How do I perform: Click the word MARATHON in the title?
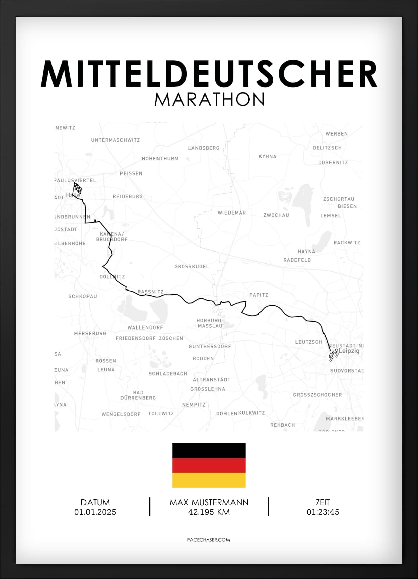[x=209, y=99]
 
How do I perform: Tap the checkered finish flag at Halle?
[x=77, y=188]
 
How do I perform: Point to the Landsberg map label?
[x=204, y=148]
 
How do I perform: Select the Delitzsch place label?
[x=327, y=148]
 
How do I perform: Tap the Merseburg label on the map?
[x=90, y=333]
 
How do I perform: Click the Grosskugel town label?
[x=191, y=266]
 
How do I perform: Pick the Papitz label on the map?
[x=258, y=295]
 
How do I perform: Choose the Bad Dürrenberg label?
[x=138, y=395]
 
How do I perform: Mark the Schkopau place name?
[x=82, y=296]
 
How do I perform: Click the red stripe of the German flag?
[x=209, y=465]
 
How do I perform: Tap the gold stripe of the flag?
[x=209, y=480]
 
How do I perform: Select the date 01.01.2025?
[x=95, y=512]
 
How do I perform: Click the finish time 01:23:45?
[x=322, y=512]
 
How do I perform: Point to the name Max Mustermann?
[x=209, y=502]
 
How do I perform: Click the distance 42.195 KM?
[x=209, y=512]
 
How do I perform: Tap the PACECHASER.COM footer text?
[x=208, y=540]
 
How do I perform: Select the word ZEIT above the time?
[x=322, y=502]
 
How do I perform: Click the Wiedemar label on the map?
[x=232, y=213]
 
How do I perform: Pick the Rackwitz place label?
[x=347, y=243]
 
